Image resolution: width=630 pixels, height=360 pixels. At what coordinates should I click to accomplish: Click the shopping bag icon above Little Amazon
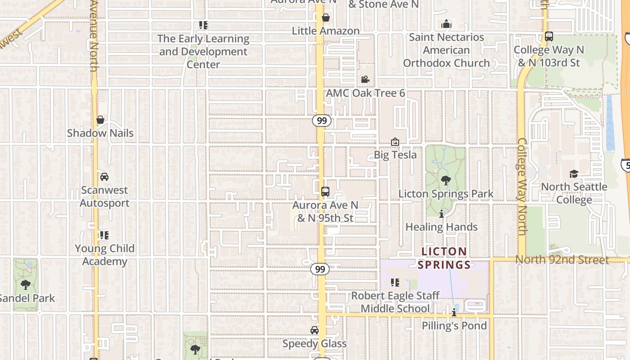pos(325,18)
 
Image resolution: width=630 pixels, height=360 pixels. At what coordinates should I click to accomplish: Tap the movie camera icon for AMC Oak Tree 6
pos(365,80)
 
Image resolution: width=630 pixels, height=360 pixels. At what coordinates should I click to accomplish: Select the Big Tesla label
pos(395,155)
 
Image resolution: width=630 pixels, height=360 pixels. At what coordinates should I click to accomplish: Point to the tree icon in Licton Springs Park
pos(446,180)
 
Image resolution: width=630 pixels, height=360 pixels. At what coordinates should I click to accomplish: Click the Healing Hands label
pos(441,227)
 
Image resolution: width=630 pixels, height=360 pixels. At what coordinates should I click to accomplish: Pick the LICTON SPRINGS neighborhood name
pos(444,258)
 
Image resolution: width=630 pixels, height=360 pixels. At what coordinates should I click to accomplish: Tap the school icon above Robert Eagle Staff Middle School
pos(395,283)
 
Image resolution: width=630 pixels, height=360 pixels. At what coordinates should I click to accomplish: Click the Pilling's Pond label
pos(454,325)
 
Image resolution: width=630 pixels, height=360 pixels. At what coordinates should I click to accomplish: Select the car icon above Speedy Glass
pos(315,330)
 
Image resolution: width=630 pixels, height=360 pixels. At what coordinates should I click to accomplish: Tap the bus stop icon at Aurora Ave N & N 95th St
pos(325,192)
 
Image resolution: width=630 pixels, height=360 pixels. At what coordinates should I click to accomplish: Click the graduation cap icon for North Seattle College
pos(574,174)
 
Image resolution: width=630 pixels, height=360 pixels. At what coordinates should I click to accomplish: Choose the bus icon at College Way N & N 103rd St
pos(549,36)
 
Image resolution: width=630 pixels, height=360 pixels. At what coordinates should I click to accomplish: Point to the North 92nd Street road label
pos(562,260)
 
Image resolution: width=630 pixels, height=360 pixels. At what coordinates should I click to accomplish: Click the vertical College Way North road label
pos(522,186)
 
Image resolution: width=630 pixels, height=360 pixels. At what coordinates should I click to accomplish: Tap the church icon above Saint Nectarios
pos(446,23)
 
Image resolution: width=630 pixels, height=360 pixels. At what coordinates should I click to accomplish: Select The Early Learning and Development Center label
pos(203,51)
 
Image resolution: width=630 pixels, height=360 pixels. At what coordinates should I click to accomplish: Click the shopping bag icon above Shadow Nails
pos(100,120)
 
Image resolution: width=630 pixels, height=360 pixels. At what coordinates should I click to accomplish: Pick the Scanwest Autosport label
pos(104,197)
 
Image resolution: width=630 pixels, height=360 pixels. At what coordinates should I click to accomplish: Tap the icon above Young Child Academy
pos(104,235)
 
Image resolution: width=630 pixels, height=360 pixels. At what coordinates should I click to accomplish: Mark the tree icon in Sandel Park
pos(26,284)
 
